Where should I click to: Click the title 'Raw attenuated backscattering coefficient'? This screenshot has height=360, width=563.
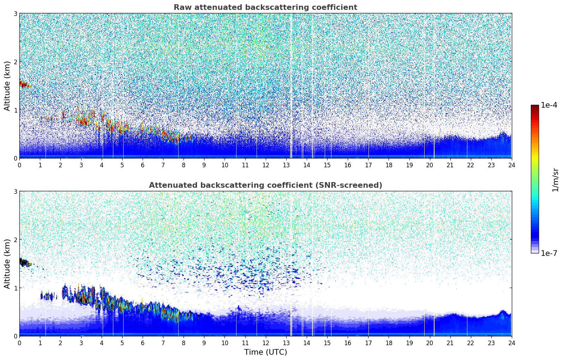click(x=265, y=7)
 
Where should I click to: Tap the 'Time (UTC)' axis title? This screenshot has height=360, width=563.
click(x=265, y=352)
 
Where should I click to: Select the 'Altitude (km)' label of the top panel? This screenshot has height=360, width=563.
click(x=7, y=86)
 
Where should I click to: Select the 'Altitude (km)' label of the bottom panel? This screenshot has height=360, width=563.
click(x=7, y=264)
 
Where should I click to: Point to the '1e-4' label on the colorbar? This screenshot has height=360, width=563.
click(x=549, y=105)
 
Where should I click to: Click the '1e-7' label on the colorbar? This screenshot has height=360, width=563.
click(x=549, y=253)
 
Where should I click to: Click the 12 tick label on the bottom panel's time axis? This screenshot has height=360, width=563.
click(x=265, y=343)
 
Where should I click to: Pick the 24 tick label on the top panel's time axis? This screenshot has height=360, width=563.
click(x=511, y=165)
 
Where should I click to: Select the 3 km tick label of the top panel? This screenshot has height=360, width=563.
click(x=16, y=13)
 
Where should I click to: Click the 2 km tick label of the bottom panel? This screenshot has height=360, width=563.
click(x=16, y=240)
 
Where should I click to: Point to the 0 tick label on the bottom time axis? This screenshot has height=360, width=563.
click(x=19, y=343)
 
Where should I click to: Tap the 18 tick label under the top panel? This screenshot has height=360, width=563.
click(x=389, y=165)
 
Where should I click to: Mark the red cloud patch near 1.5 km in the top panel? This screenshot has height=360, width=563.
click(x=24, y=84)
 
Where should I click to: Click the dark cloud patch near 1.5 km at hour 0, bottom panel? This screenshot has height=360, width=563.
click(x=24, y=263)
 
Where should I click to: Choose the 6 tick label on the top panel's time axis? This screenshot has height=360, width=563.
click(x=143, y=165)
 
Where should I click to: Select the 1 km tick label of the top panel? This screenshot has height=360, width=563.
click(x=16, y=110)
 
